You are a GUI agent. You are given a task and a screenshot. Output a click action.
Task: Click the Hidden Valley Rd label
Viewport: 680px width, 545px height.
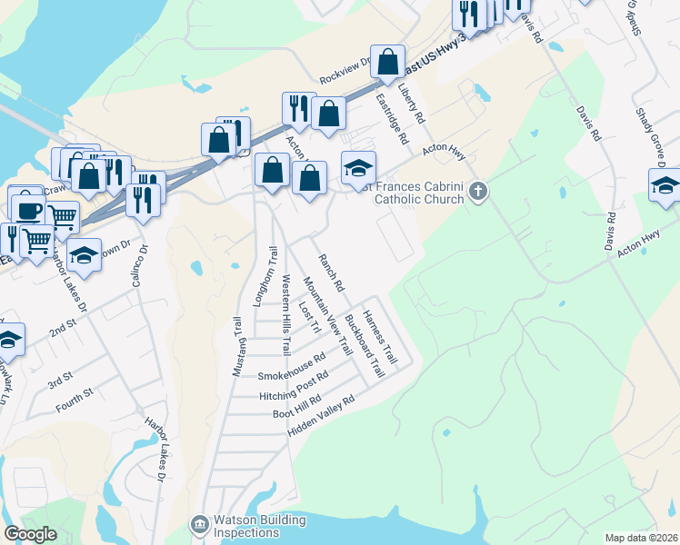click(320, 414)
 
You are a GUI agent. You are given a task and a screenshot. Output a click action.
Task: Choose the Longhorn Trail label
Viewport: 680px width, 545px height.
click(264, 276)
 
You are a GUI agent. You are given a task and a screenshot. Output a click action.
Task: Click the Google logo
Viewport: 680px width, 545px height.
click(31, 533)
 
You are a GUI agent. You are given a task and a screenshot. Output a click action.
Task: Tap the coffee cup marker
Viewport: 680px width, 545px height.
click(27, 207)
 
